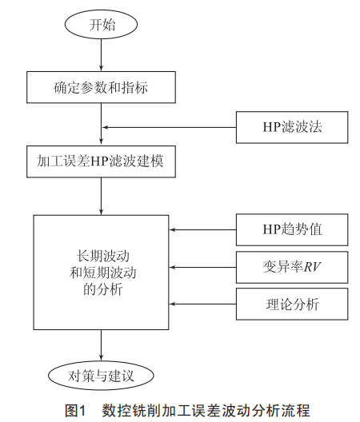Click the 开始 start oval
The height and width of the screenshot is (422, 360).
coord(101,25)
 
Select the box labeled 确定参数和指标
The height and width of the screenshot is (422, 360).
coord(101,87)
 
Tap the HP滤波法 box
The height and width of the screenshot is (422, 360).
coord(292,127)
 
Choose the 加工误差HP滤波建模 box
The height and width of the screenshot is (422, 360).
coord(101,161)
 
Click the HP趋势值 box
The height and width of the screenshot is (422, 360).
coord(292,230)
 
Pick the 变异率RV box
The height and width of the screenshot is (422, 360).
coord(292,267)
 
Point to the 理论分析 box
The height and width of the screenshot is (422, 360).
coord(292,305)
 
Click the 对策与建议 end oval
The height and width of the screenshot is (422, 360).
coord(101,376)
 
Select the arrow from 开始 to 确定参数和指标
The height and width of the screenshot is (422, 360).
coord(101,55)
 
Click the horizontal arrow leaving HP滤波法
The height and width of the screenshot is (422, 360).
coord(170,127)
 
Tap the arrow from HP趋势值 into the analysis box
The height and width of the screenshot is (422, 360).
coord(203,230)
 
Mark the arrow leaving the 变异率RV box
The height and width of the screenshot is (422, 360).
coord(203,267)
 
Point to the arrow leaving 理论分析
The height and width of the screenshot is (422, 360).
coord(203,305)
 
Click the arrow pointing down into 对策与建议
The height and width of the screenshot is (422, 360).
coord(101,345)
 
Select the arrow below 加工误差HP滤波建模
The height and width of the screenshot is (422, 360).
coord(101,196)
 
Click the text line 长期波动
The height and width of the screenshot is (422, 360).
coord(103,256)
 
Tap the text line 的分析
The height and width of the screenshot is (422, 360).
coord(103,289)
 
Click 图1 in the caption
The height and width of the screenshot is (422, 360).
coord(75,411)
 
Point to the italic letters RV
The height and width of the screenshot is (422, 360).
coord(312,267)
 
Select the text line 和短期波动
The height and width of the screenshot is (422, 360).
coord(103,273)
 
